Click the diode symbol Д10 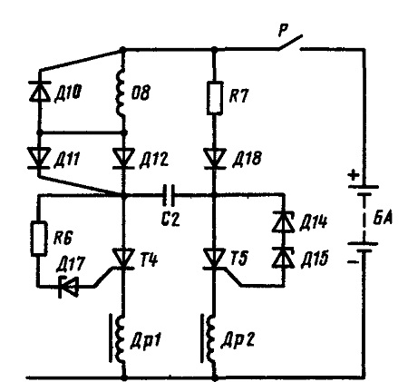(39, 91)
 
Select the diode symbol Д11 (39, 158)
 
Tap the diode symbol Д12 (123, 158)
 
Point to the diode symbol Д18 (215, 158)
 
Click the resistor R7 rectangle (215, 98)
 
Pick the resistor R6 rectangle (39, 239)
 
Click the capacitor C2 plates (169, 195)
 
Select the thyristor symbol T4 (123, 259)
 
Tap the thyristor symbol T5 (214, 259)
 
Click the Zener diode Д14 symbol (283, 221)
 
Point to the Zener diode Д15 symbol (283, 258)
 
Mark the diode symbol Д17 (69, 287)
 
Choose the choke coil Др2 (209, 338)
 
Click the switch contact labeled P (290, 42)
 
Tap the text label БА (382, 217)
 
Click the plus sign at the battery (354, 175)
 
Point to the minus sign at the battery (353, 262)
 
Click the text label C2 (170, 219)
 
